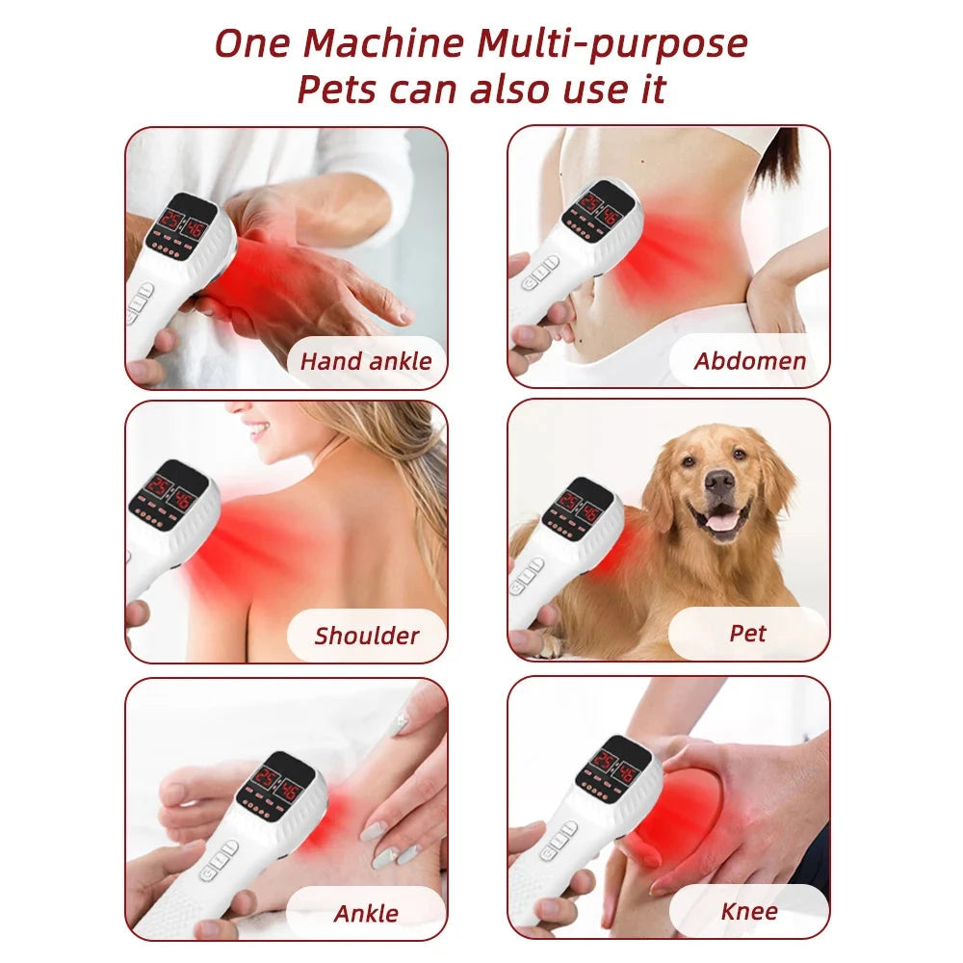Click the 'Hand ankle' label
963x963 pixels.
pyautogui.click(x=366, y=362)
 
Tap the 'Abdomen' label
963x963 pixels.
pyautogui.click(x=750, y=362)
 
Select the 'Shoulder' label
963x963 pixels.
pyautogui.click(x=367, y=636)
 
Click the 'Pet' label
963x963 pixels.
pyautogui.click(x=747, y=634)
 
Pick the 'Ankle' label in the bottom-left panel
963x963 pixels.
pyautogui.click(x=366, y=912)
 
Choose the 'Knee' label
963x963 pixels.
pyautogui.click(x=748, y=910)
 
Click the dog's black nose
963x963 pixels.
pyautogui.click(x=719, y=481)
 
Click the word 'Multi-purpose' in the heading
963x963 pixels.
pyautogui.click(x=612, y=43)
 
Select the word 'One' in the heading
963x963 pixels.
pyautogui.click(x=252, y=43)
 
